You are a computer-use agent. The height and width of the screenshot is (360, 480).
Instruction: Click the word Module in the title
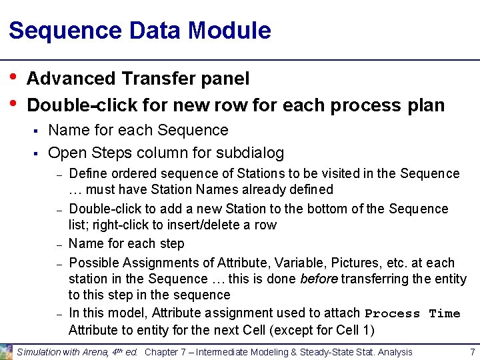[x=229, y=31]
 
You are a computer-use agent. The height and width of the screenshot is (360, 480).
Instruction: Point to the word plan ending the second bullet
[x=425, y=105]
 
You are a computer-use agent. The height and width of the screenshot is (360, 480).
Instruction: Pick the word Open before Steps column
[x=67, y=153]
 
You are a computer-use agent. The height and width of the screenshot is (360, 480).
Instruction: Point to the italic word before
[x=319, y=279]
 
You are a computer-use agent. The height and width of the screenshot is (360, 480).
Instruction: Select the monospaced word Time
[x=445, y=313]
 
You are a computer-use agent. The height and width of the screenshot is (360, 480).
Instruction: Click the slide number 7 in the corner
[x=472, y=351]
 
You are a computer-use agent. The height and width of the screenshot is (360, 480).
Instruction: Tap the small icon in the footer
[x=7, y=351]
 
